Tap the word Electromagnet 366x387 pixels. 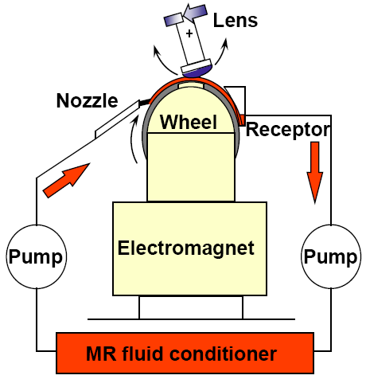(186, 248)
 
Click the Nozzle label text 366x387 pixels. (87, 101)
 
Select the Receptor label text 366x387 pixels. (287, 129)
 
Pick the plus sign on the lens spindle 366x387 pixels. (189, 34)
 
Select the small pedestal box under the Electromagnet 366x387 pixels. (191, 307)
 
